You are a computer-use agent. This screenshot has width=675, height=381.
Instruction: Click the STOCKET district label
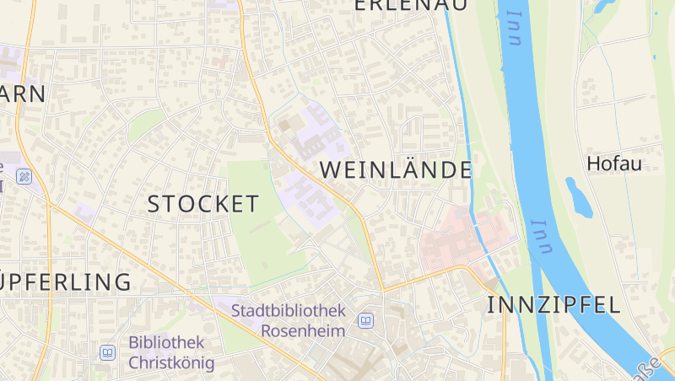pyautogui.click(x=203, y=204)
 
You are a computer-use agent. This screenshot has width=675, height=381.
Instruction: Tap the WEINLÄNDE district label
pyautogui.click(x=395, y=169)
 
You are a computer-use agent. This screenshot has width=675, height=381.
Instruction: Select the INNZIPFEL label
pyautogui.click(x=553, y=305)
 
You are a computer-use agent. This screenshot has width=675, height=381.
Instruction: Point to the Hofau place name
pyautogui.click(x=613, y=164)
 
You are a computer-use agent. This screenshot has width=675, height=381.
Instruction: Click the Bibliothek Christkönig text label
pyautogui.click(x=171, y=353)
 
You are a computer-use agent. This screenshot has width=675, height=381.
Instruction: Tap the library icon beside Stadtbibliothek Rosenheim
pyautogui.click(x=366, y=320)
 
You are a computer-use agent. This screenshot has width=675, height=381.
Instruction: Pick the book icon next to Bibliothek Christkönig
pyautogui.click(x=107, y=352)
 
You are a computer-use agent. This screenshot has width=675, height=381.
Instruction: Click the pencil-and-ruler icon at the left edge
pyautogui.click(x=24, y=177)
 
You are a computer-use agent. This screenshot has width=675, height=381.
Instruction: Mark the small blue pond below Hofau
pyautogui.click(x=578, y=197)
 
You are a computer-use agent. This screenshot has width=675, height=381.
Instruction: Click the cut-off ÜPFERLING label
pyautogui.click(x=65, y=282)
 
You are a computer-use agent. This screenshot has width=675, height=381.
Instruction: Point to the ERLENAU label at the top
pyautogui.click(x=410, y=5)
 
